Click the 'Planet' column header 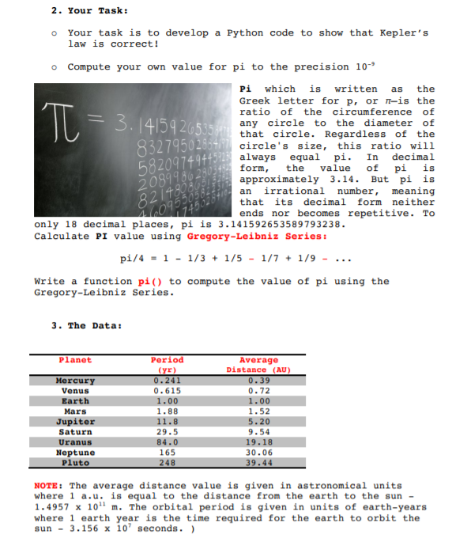75,360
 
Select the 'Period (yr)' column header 166,364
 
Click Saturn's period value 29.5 166,432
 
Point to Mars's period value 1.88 166,411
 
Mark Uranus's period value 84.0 166,442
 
